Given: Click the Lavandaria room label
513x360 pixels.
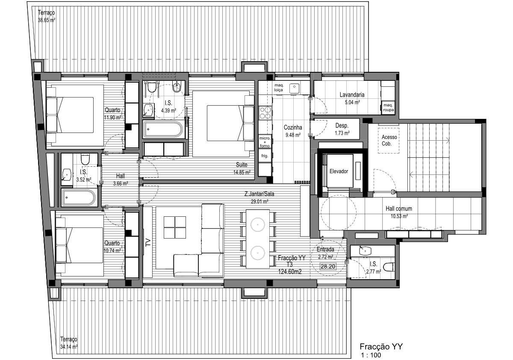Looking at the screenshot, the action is point(352,94).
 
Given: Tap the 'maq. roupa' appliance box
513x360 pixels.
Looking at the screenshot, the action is point(388,107).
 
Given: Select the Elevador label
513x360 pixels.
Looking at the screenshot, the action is point(339,171).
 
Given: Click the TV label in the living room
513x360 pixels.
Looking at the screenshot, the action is point(148,242).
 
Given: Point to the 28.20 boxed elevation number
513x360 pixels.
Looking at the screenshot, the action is point(328,266).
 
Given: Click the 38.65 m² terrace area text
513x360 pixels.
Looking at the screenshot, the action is point(47,20).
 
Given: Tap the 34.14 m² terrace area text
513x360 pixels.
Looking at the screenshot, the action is point(69,347).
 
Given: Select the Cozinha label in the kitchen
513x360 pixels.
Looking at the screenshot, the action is point(293,127).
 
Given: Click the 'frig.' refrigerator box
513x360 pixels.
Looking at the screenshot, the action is point(265,156).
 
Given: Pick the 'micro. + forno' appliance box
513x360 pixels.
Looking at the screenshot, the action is point(265,142).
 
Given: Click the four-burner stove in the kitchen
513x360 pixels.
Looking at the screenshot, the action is point(265,113).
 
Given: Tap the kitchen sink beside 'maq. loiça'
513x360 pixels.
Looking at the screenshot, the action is point(294,89).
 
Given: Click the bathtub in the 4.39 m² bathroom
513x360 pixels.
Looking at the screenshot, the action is point(163,130).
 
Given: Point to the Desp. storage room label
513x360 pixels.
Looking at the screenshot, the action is point(342,126).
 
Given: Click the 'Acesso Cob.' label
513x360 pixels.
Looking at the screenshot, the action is point(389,140).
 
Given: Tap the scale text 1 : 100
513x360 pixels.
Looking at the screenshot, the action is point(371,355).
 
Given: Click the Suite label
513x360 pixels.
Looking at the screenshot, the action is point(242,165).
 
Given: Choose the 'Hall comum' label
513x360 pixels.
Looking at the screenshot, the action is point(399,209).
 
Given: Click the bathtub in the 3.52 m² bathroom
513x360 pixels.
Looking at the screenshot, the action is point(78,198).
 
